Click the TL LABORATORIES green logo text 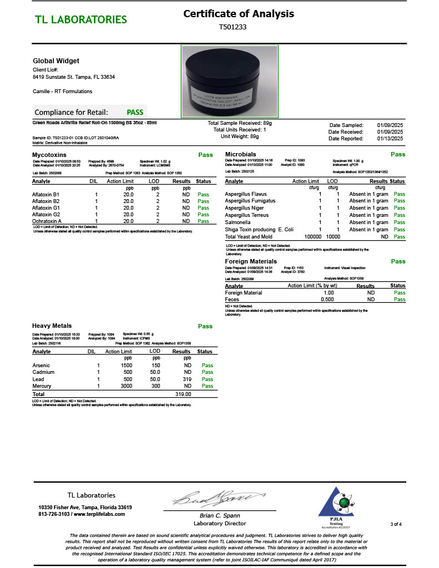(x=81, y=20)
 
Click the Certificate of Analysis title (x=239, y=14)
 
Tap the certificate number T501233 (x=233, y=27)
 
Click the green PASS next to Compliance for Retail (x=135, y=112)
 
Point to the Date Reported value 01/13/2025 (x=390, y=139)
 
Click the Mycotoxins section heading (x=49, y=155)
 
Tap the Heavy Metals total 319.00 (x=183, y=394)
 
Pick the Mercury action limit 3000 (x=127, y=386)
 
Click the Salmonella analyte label (x=238, y=222)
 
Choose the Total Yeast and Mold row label (x=249, y=237)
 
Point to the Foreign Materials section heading (x=251, y=261)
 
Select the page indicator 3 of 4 (x=396, y=524)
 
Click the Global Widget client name (x=56, y=61)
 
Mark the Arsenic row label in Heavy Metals (x=42, y=366)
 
